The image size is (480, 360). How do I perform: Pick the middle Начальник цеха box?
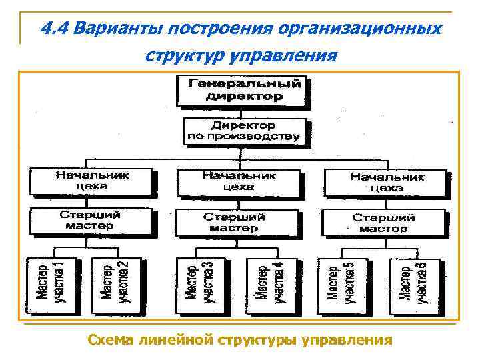tap(239, 181)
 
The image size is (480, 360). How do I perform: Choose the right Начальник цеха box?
tap(387, 182)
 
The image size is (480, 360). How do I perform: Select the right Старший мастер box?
tap(383, 222)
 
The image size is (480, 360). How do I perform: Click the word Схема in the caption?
tap(110, 340)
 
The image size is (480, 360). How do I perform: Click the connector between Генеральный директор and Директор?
tap(244, 112)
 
